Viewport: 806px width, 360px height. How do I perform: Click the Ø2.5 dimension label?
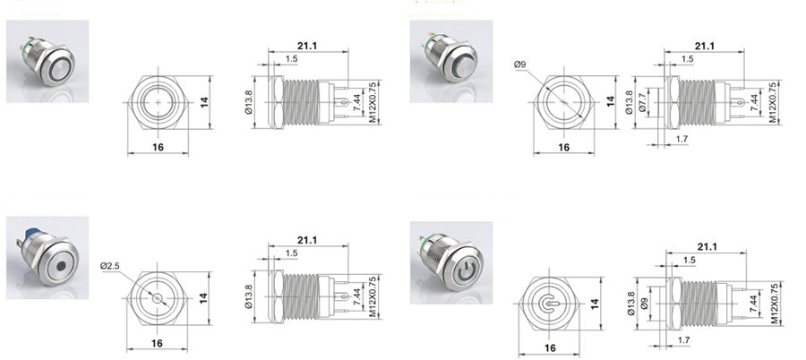click(x=109, y=266)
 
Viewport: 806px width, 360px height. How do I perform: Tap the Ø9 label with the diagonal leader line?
click(x=520, y=64)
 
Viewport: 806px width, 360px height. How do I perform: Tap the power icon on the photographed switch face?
click(x=465, y=270)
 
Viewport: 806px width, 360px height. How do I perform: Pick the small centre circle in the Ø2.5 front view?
click(x=158, y=298)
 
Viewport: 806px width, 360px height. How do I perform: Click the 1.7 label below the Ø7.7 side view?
click(x=682, y=139)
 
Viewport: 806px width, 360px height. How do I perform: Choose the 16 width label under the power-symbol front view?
click(x=550, y=348)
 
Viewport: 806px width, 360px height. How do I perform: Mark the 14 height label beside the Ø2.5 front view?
click(x=204, y=298)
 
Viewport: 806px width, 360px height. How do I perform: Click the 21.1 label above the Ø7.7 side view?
click(x=705, y=46)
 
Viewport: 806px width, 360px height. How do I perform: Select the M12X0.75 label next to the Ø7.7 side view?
click(x=773, y=102)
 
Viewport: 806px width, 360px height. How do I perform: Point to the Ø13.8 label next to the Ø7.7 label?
click(x=630, y=103)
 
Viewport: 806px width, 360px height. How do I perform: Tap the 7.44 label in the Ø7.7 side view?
click(x=754, y=103)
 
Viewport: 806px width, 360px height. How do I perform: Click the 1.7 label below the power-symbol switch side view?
click(x=683, y=340)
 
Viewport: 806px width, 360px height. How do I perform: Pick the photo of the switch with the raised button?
click(x=451, y=61)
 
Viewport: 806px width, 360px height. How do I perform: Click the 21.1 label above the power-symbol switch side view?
click(x=707, y=247)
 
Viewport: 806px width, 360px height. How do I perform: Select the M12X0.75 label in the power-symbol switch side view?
click(x=776, y=304)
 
